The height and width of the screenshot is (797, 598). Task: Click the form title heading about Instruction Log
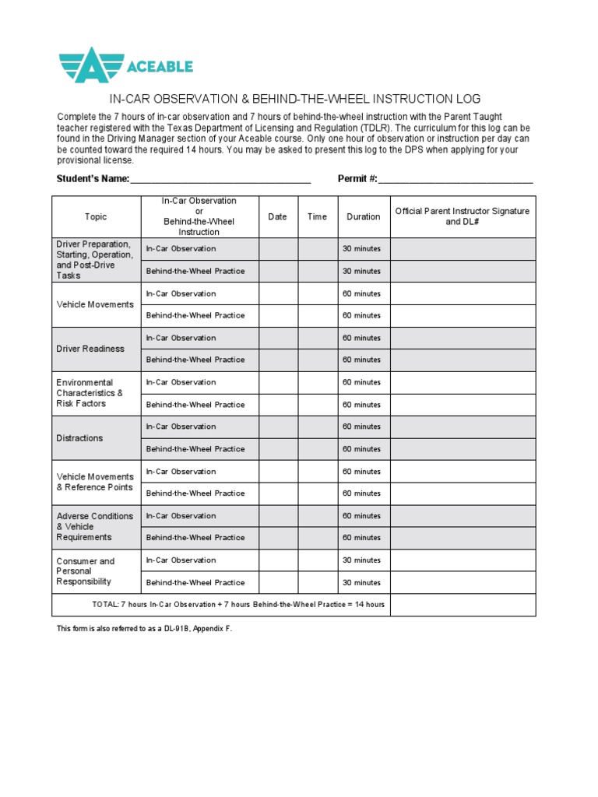[295, 99]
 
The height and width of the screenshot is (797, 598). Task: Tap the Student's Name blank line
[220, 179]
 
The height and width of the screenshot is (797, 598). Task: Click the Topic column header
[96, 217]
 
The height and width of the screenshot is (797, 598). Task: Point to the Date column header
[278, 217]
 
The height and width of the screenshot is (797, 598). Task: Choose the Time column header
[317, 217]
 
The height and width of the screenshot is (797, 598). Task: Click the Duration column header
[364, 217]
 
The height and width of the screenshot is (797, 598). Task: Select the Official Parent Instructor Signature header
[463, 216]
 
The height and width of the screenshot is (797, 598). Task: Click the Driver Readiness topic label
[90, 349]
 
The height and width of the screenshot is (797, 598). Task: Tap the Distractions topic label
[79, 438]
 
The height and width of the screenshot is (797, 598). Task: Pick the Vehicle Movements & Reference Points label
[95, 482]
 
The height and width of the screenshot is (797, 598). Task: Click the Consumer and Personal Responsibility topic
[86, 571]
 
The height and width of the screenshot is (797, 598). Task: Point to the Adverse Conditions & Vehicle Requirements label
[95, 527]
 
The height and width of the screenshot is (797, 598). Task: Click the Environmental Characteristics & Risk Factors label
[90, 393]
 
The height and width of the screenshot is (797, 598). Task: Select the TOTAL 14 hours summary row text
[238, 605]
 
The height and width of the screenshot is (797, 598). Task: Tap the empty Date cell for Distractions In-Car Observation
[278, 427]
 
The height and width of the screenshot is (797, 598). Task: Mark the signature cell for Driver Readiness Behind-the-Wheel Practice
[463, 360]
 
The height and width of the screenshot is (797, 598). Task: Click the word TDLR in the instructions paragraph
[378, 128]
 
